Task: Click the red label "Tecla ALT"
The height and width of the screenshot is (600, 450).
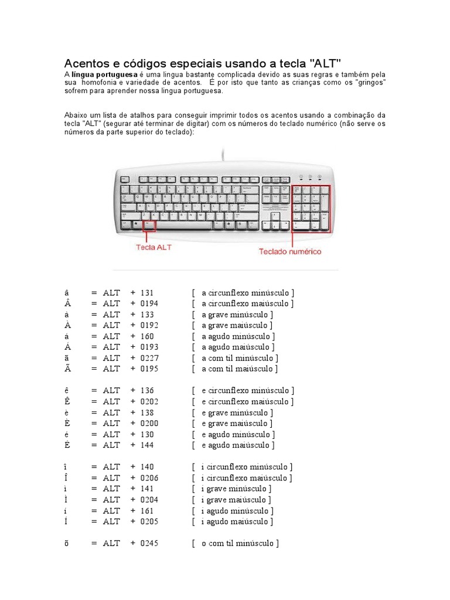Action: pyautogui.click(x=154, y=247)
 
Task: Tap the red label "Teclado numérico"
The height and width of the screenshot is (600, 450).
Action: pyautogui.click(x=290, y=251)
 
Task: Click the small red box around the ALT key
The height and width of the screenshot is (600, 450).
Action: pyautogui.click(x=149, y=225)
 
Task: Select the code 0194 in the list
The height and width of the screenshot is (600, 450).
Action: pyautogui.click(x=149, y=304)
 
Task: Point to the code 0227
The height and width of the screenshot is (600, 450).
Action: pyautogui.click(x=149, y=358)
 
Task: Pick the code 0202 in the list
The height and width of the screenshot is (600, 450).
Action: pyautogui.click(x=149, y=401)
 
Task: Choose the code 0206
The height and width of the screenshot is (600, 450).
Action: pyautogui.click(x=149, y=478)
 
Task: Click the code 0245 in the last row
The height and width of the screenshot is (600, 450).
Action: pyautogui.click(x=149, y=543)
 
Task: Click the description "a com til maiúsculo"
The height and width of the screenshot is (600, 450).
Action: pyautogui.click(x=239, y=369)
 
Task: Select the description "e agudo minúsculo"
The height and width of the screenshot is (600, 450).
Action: pyautogui.click(x=238, y=434)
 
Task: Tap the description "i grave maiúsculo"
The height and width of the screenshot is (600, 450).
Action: pyautogui.click(x=236, y=500)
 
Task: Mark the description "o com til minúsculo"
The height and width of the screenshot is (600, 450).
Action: pyautogui.click(x=240, y=543)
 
